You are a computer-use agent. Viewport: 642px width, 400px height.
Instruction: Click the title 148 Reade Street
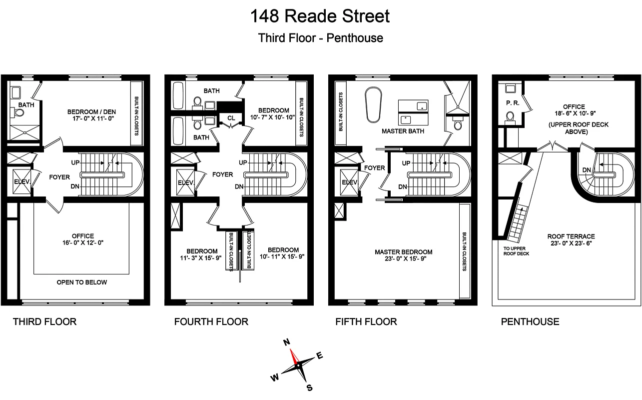point(320,16)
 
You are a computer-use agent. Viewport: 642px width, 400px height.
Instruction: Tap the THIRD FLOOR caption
point(44,321)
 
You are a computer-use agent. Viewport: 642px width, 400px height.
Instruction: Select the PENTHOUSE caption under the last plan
point(530,321)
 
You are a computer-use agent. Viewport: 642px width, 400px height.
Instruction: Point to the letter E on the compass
point(320,356)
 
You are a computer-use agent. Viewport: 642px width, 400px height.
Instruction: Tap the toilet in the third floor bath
point(19,113)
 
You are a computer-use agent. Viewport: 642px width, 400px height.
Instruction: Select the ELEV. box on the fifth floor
point(349,182)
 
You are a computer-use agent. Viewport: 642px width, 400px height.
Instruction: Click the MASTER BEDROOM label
point(404,252)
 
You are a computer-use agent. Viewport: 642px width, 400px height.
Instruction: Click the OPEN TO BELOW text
point(82,282)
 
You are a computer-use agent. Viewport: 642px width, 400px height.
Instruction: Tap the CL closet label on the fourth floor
point(231,118)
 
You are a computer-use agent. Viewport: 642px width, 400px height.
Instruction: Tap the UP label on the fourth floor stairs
point(243,162)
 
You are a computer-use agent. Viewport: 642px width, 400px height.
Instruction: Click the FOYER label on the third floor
point(59,177)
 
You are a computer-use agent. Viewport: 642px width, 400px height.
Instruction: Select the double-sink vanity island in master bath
point(413,112)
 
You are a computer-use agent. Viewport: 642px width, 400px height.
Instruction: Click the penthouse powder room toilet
point(510,117)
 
